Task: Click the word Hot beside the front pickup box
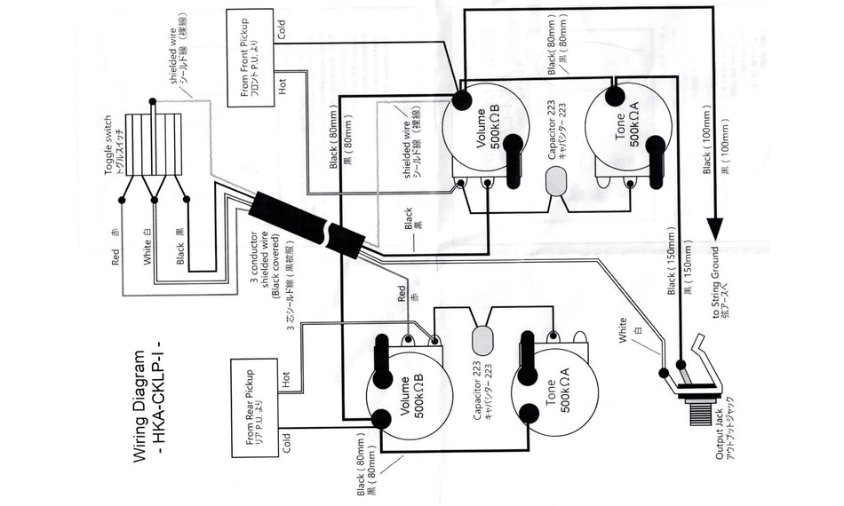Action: click(283, 88)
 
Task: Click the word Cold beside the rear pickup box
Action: click(286, 443)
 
